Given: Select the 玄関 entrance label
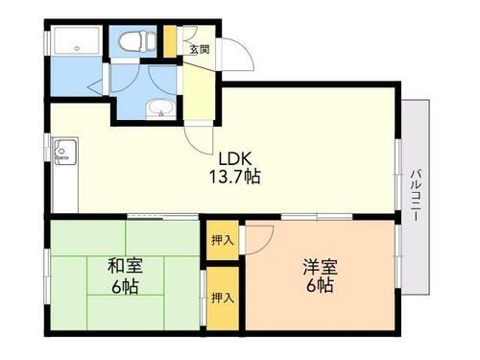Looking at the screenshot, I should [x=199, y=50].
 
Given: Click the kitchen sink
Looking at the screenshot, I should [x=65, y=150].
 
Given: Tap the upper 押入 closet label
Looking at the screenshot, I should [x=222, y=239].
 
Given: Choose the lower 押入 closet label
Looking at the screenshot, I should [x=222, y=299].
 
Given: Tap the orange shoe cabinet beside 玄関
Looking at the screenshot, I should [x=170, y=41].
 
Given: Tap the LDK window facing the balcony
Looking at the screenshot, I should [x=397, y=174].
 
